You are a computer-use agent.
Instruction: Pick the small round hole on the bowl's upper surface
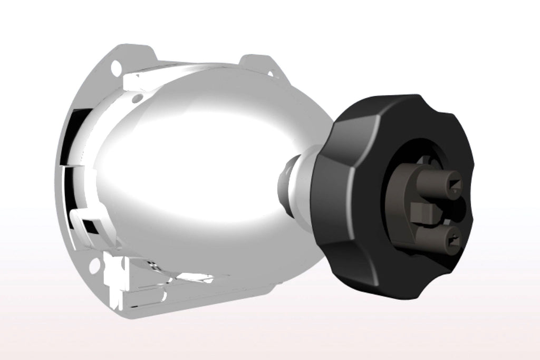pos(138,98)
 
